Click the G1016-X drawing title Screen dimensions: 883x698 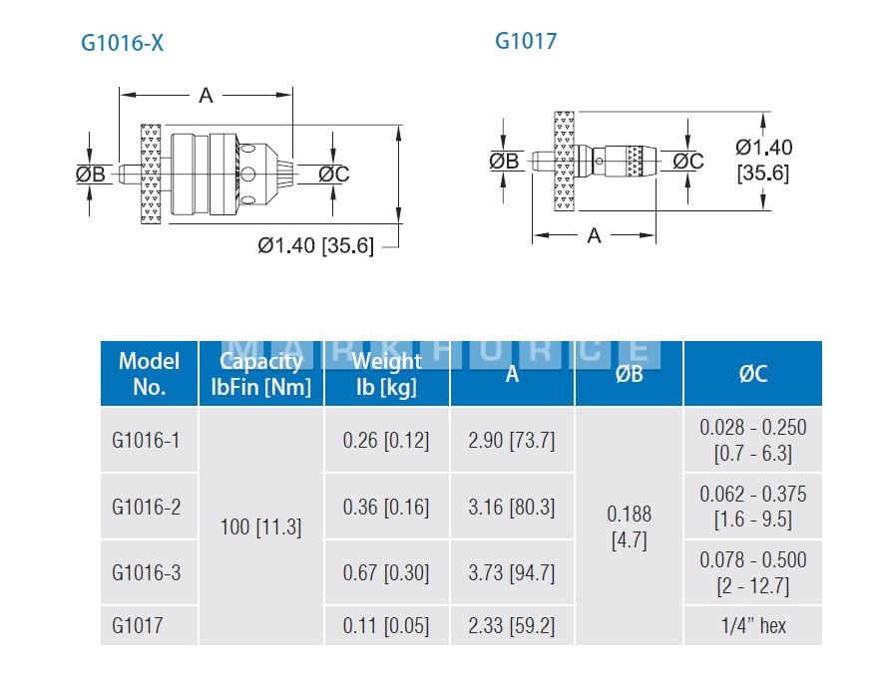pos(122,43)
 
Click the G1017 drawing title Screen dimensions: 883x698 pos(526,41)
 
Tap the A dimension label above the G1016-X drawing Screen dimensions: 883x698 pos(207,96)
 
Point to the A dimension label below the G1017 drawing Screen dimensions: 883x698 pos(594,235)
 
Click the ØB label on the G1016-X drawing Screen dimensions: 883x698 pos(91,174)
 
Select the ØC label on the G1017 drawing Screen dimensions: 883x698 pos(688,161)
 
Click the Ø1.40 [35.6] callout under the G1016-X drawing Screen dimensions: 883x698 pos(316,245)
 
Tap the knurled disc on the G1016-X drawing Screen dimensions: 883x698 pos(151,174)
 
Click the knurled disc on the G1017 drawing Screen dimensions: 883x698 pos(565,161)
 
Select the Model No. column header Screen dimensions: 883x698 pos(150,374)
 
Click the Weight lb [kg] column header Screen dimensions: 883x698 pos(387,374)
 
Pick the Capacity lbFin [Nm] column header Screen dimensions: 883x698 pos(261,374)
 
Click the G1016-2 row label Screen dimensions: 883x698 pos(147,507)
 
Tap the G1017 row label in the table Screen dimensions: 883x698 pos(138,625)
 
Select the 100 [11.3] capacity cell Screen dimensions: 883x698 pos(260,526)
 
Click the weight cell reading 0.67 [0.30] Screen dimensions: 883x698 pos(386,572)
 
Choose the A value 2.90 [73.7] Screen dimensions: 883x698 pos(511,440)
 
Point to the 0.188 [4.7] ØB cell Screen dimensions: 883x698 pos(629,526)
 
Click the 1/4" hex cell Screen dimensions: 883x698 pos(753,625)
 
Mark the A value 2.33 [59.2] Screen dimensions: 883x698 pos(511,625)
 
